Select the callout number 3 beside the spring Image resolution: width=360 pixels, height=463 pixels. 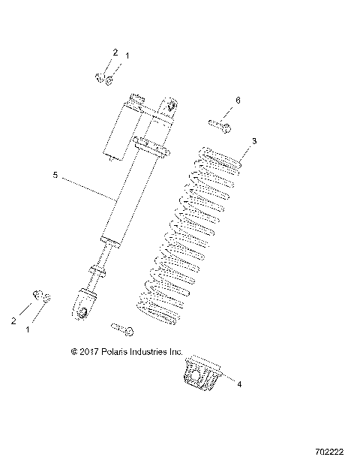point(254,140)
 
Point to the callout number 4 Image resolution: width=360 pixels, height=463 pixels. point(238,385)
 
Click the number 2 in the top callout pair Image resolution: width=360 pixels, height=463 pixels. point(115,53)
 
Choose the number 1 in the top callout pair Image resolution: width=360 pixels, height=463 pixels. point(127,56)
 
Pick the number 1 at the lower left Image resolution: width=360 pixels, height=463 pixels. point(29,329)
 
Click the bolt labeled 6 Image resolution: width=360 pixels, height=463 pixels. point(220,124)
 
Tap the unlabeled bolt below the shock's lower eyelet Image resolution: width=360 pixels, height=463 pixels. point(121,328)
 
